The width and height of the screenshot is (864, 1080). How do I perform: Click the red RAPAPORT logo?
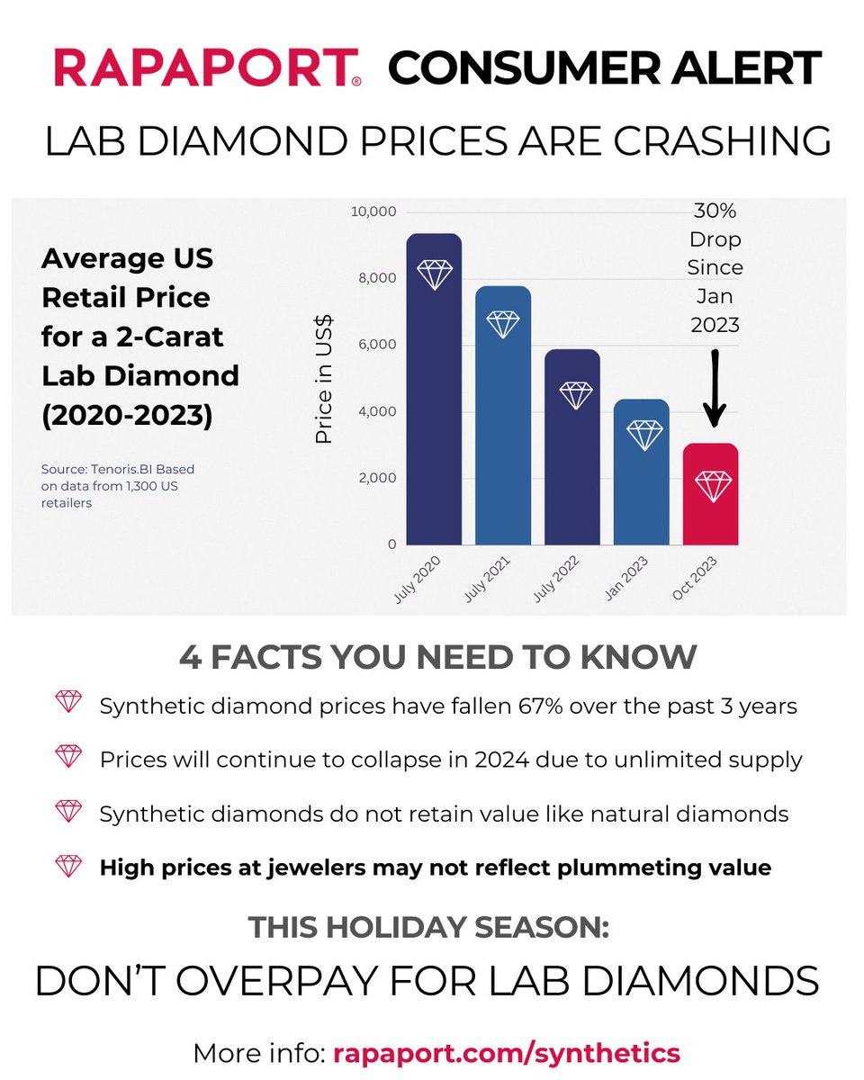pos(208,69)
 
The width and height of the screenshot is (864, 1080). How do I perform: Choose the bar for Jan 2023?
pos(642,472)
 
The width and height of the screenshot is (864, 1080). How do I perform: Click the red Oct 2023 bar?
pos(711,495)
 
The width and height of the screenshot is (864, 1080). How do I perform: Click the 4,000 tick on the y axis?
pos(377,411)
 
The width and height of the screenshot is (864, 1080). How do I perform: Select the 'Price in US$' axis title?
pos(324,379)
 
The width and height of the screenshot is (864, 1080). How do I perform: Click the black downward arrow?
pos(715,387)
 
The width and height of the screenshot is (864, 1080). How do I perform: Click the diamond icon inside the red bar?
pos(714,486)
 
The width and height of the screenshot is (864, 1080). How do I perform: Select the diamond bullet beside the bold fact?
pos(68,867)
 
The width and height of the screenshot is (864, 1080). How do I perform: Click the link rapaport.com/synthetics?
pos(507,1052)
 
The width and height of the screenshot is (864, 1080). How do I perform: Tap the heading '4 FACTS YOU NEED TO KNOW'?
pos(437,657)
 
